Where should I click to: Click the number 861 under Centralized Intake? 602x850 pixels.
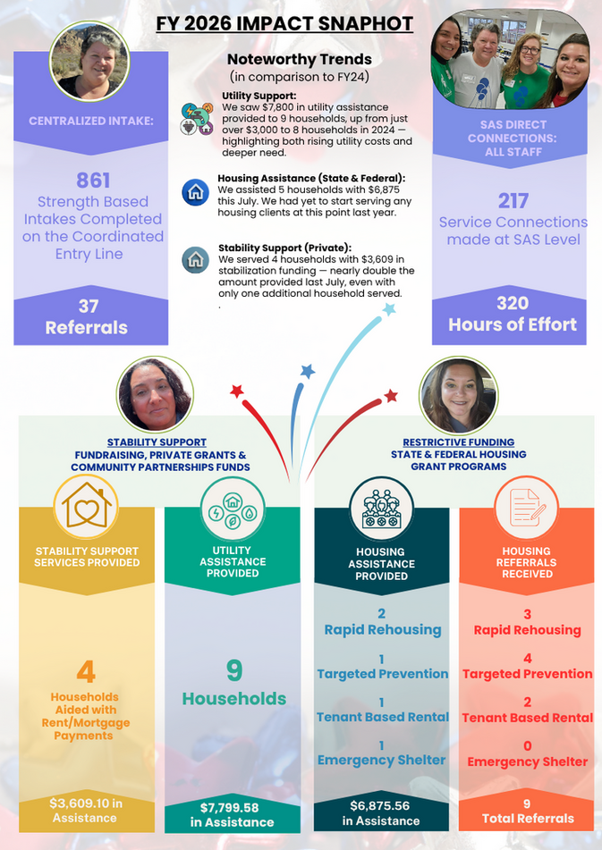click(x=93, y=180)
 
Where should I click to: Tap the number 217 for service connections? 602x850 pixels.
click(x=513, y=201)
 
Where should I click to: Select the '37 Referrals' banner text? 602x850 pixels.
click(x=87, y=317)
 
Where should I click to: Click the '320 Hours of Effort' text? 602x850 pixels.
click(x=513, y=314)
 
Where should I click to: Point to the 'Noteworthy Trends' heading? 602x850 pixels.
click(x=300, y=59)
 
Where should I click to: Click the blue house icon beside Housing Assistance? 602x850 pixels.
click(x=195, y=192)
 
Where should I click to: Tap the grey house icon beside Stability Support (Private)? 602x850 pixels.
click(x=195, y=260)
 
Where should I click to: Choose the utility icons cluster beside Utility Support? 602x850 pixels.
click(x=197, y=119)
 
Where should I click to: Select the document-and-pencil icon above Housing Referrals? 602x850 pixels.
click(x=526, y=508)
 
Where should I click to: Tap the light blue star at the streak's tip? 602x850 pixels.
click(x=389, y=309)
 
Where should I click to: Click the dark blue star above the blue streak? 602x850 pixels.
click(x=308, y=371)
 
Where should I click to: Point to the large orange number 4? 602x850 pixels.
click(x=86, y=672)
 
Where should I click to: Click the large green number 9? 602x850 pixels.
click(x=234, y=670)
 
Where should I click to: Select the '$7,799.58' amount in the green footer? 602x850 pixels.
click(x=229, y=808)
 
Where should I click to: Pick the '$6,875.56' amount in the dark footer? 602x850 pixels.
click(x=379, y=806)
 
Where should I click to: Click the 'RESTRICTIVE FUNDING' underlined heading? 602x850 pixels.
click(x=458, y=442)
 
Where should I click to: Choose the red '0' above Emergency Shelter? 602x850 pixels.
click(x=527, y=746)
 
